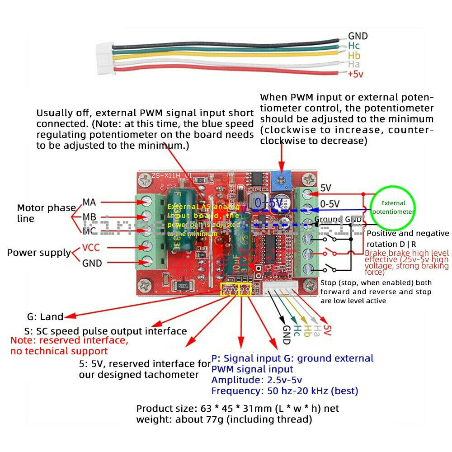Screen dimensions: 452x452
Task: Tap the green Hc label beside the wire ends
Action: point(354,46)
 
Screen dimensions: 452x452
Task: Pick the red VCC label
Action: point(92,248)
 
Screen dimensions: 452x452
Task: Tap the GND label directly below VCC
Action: point(92,263)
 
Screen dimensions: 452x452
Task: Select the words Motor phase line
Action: point(46,213)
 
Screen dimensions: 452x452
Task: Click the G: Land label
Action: point(45,317)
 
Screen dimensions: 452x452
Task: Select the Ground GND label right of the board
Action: point(339,220)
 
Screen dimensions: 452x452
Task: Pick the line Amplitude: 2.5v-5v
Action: point(256,380)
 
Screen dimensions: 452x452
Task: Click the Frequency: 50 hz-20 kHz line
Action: point(284,391)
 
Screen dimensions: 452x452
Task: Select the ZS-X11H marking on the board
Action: point(161,176)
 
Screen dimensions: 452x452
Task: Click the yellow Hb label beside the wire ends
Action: point(354,55)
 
